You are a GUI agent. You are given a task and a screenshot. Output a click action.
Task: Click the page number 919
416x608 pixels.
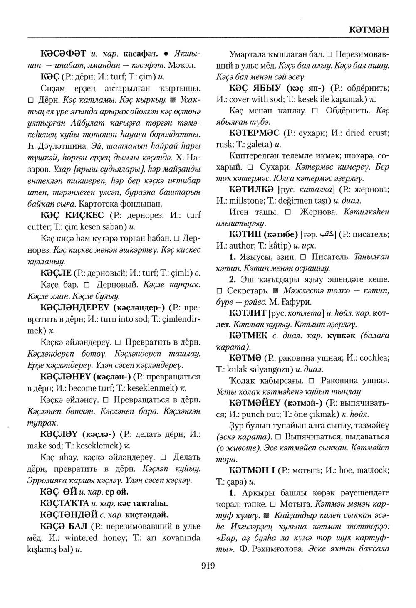point(208,565)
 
